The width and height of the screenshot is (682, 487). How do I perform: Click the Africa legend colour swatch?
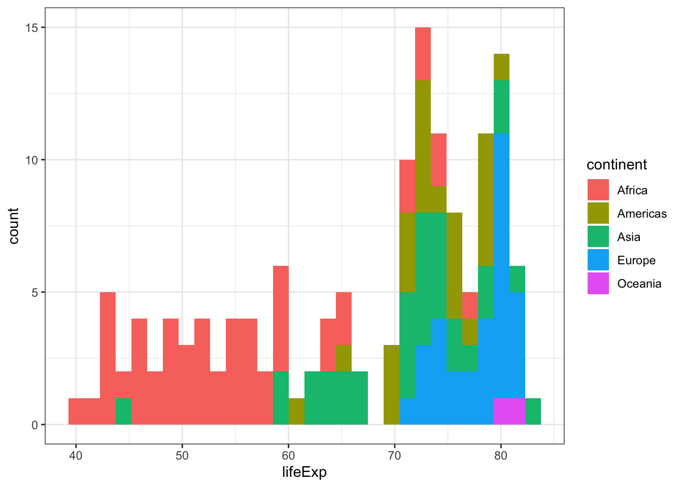point(598,190)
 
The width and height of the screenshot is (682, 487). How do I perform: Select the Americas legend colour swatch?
point(598,214)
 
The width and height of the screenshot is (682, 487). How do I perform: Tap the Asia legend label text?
point(629,237)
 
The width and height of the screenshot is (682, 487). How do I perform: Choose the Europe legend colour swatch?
point(598,260)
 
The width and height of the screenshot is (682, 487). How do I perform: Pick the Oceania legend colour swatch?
point(598,284)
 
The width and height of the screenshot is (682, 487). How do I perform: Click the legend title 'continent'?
point(617,165)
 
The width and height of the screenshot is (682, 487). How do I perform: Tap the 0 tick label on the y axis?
point(35,425)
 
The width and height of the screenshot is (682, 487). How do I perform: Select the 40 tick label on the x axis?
point(76,456)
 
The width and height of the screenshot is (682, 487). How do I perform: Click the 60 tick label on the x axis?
point(288,456)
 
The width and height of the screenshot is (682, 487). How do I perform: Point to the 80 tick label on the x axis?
point(501,456)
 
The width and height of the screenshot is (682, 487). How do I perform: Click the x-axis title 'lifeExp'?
point(304,472)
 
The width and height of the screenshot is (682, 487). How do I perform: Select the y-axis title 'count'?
point(14,226)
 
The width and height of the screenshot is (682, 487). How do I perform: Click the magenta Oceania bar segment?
point(509,411)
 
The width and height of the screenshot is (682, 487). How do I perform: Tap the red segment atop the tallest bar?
point(423,53)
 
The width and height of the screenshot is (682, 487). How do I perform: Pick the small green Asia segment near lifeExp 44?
point(123,411)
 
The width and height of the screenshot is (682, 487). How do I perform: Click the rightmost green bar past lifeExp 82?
point(533,411)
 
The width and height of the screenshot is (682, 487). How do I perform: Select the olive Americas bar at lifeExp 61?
point(296,411)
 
